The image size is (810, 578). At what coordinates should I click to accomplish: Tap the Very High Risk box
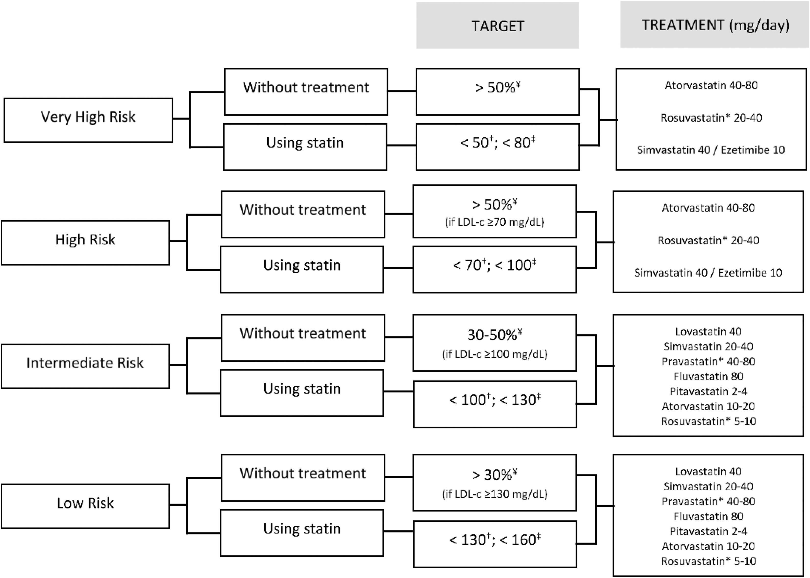pyautogui.click(x=88, y=120)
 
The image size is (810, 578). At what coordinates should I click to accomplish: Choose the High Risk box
pyautogui.click(x=85, y=242)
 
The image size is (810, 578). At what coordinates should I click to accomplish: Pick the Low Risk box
pyautogui.click(x=85, y=505)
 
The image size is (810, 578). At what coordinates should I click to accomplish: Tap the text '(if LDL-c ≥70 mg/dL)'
pyautogui.click(x=494, y=222)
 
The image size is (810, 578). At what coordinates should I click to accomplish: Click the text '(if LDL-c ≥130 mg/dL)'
pyautogui.click(x=494, y=494)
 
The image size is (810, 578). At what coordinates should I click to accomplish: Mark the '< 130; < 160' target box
pyautogui.click(x=494, y=544)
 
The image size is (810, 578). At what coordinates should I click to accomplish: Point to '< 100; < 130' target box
pyautogui.click(x=494, y=404)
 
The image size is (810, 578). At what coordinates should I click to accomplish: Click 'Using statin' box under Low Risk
pyautogui.click(x=302, y=532)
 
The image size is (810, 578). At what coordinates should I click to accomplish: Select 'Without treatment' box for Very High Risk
pyautogui.click(x=306, y=91)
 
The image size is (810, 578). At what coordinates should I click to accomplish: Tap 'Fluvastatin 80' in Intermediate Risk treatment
pyautogui.click(x=708, y=376)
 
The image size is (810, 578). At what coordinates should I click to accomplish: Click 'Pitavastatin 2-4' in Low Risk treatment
pyautogui.click(x=708, y=531)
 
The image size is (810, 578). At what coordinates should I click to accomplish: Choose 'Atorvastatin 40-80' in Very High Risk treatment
pyautogui.click(x=711, y=85)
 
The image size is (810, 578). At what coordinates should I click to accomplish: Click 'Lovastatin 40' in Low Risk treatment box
pyautogui.click(x=708, y=471)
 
